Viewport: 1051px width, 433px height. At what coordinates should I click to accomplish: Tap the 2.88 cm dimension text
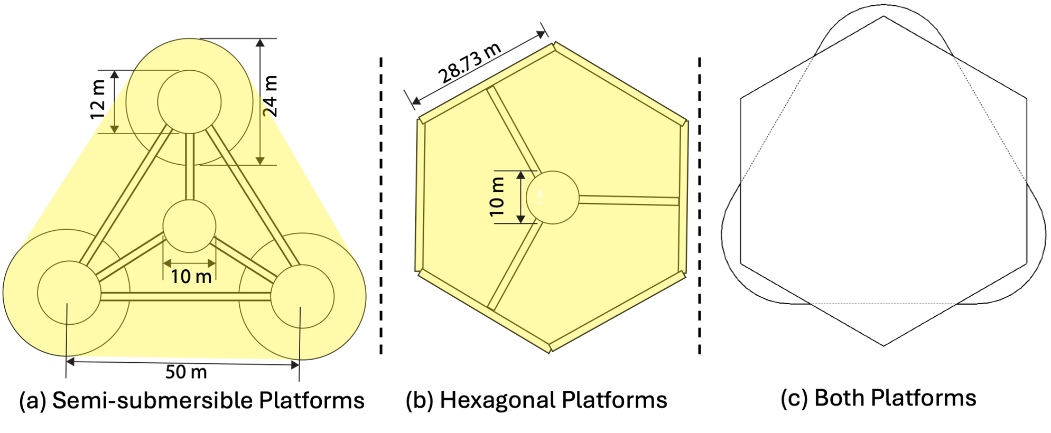(x=469, y=51)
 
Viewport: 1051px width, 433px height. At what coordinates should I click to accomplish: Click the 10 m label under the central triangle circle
(x=191, y=276)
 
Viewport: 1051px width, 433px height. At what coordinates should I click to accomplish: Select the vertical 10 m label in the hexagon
(x=497, y=197)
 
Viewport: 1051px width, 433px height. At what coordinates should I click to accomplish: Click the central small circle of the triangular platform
(x=189, y=226)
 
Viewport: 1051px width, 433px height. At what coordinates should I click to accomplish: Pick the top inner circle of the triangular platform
(x=189, y=102)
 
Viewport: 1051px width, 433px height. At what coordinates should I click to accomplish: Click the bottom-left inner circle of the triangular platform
(x=69, y=293)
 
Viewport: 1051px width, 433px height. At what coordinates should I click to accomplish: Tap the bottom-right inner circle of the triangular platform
(x=302, y=296)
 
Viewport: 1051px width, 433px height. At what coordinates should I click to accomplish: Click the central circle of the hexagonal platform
(x=553, y=197)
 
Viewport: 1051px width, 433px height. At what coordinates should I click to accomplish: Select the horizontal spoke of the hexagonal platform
(x=629, y=200)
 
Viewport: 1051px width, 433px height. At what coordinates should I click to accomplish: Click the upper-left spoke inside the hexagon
(x=511, y=129)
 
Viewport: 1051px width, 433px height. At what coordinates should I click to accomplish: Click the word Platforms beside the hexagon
(x=615, y=400)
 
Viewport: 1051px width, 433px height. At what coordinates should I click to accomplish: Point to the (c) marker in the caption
(x=794, y=399)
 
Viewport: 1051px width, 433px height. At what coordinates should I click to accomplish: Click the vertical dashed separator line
(x=700, y=206)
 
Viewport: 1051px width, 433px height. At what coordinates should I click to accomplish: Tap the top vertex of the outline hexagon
(x=883, y=16)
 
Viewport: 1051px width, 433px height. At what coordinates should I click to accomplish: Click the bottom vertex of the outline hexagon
(x=883, y=346)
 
